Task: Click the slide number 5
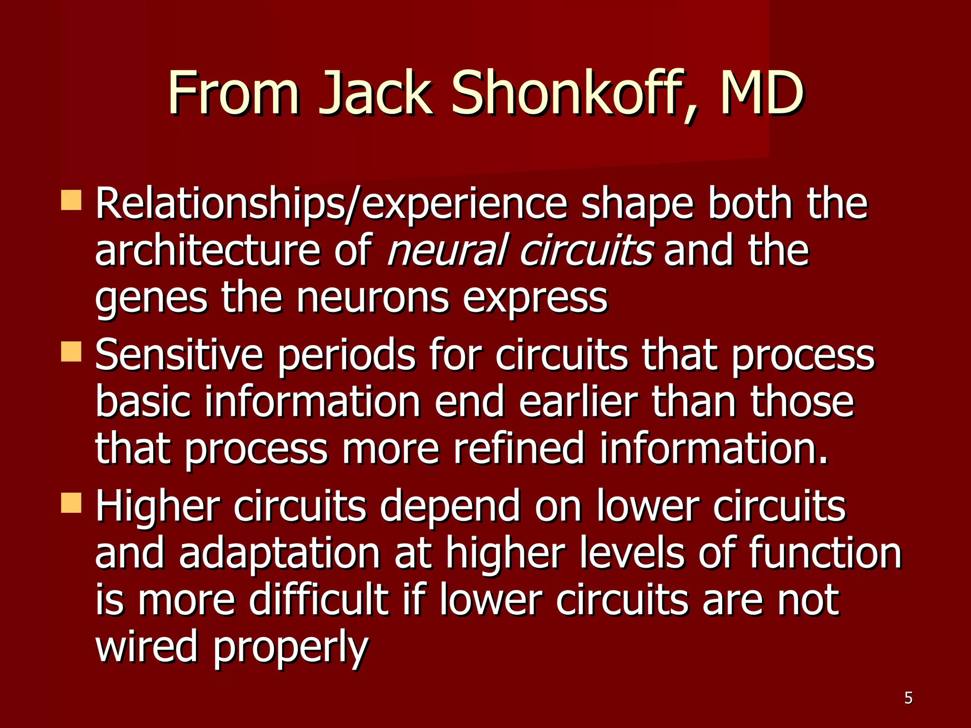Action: pyautogui.click(x=908, y=698)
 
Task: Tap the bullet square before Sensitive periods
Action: pyautogui.click(x=71, y=352)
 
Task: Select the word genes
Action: pyautogui.click(x=151, y=299)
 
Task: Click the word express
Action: pyautogui.click(x=535, y=299)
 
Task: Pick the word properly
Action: pyautogui.click(x=290, y=648)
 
